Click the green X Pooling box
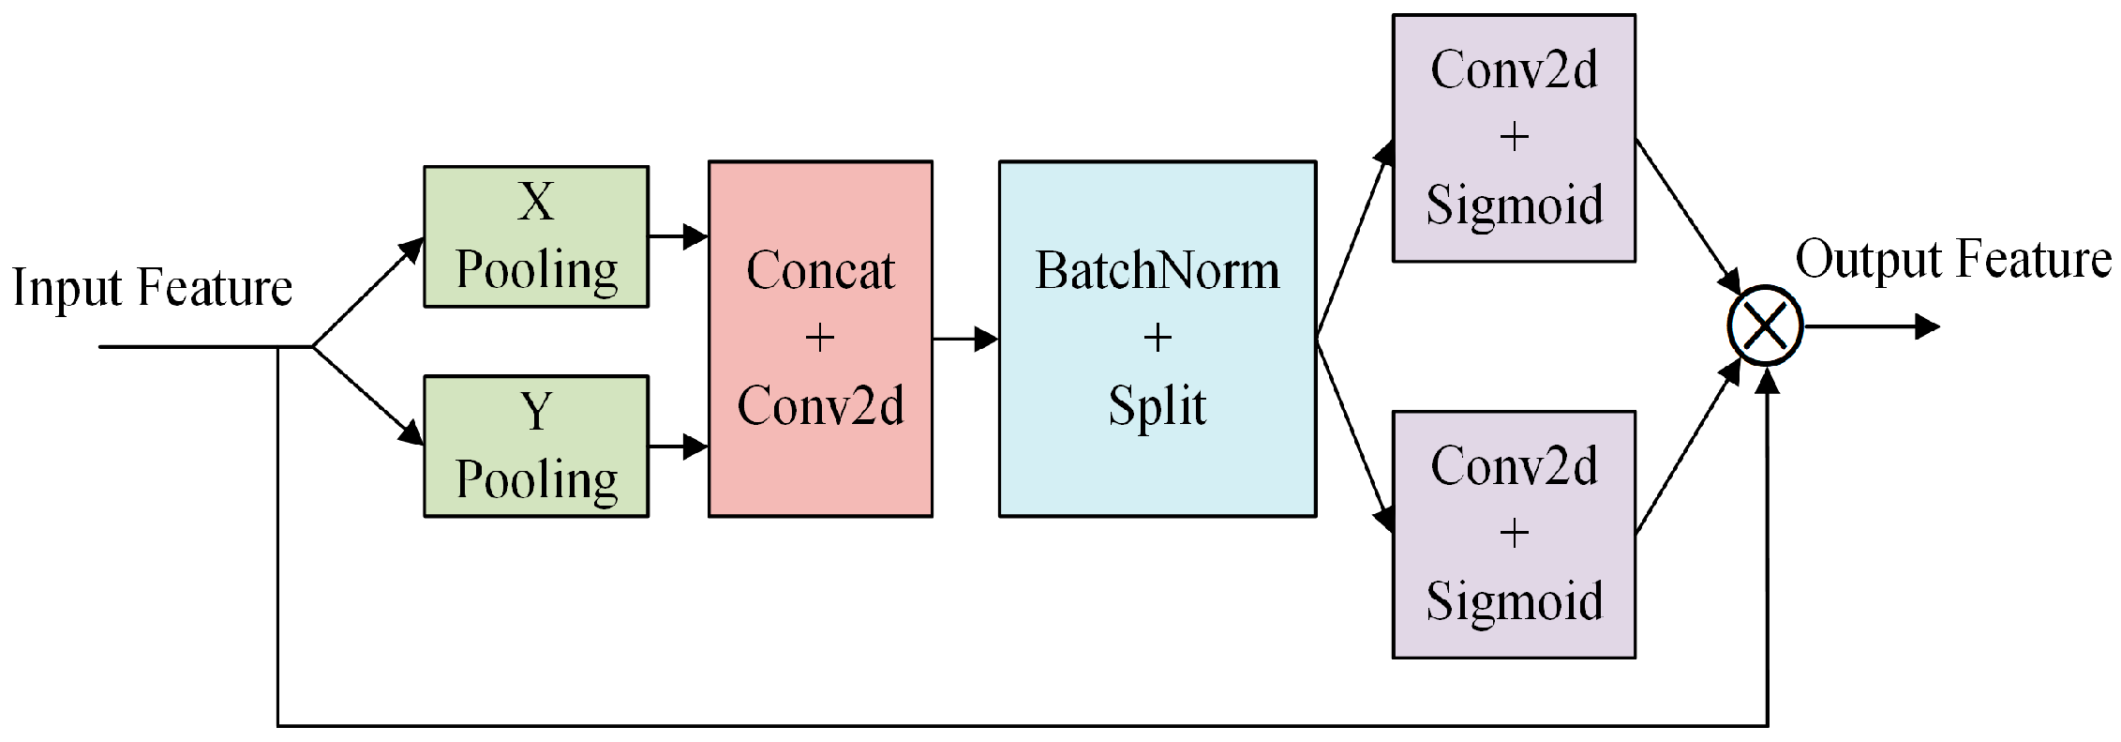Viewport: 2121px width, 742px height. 535,236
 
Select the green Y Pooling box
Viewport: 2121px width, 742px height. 535,446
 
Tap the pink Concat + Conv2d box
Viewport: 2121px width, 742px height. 820,338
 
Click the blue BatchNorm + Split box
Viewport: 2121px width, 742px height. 1157,338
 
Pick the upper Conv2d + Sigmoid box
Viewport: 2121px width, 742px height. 1514,138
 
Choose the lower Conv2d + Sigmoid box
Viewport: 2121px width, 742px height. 1514,534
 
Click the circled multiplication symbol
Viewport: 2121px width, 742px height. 1765,326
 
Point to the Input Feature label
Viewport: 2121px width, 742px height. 152,287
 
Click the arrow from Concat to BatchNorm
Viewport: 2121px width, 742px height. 965,339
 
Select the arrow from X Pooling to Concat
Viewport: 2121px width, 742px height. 678,236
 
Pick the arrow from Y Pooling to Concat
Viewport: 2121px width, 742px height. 678,447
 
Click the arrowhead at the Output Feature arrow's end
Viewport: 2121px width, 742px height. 1926,326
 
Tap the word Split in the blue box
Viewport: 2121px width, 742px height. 1157,406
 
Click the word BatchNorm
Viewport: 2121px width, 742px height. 1157,271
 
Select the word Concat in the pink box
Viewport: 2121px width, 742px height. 820,271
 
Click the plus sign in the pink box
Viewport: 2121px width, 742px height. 820,338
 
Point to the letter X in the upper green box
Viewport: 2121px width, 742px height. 535,201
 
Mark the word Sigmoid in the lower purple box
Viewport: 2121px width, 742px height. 1514,601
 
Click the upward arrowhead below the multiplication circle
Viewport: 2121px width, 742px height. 1767,381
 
